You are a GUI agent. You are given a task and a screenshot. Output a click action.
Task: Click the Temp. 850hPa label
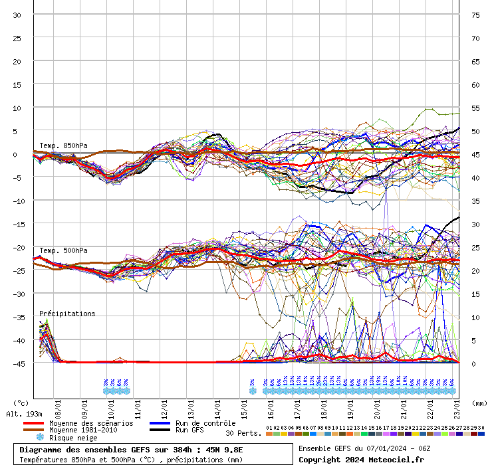[x=63, y=145]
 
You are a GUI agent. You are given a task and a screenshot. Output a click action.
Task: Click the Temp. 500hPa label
[x=63, y=250]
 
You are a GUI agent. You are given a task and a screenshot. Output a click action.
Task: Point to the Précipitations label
[x=67, y=314]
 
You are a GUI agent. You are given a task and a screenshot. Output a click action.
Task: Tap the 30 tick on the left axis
[x=17, y=15]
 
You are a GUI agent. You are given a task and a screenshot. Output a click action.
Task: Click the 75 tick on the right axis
[x=475, y=15]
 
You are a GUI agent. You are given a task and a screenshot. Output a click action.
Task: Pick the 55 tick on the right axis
[x=475, y=108]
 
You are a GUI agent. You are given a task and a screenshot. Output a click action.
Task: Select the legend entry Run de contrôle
[x=205, y=423]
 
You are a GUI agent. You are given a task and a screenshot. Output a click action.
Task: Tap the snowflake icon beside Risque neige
[x=39, y=438]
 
